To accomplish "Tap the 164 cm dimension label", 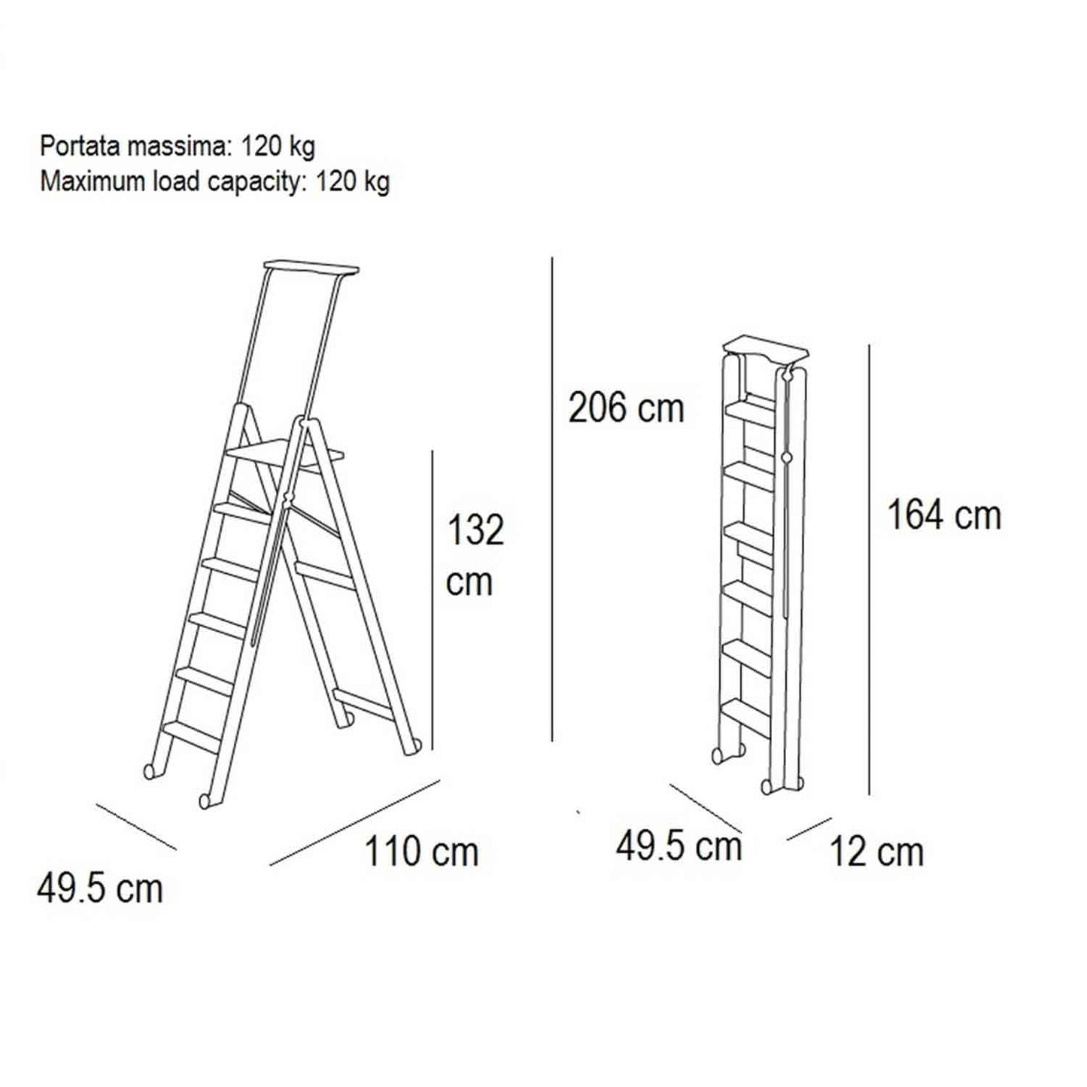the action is tap(944, 515).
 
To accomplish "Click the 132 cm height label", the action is tap(475, 556).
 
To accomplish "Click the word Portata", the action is tap(80, 147).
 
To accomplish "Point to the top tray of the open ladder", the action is tap(311, 266).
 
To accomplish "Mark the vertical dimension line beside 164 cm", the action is tap(869, 569).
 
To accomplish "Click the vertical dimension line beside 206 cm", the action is tap(552, 499).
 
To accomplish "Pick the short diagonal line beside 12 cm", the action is tap(809, 829).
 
